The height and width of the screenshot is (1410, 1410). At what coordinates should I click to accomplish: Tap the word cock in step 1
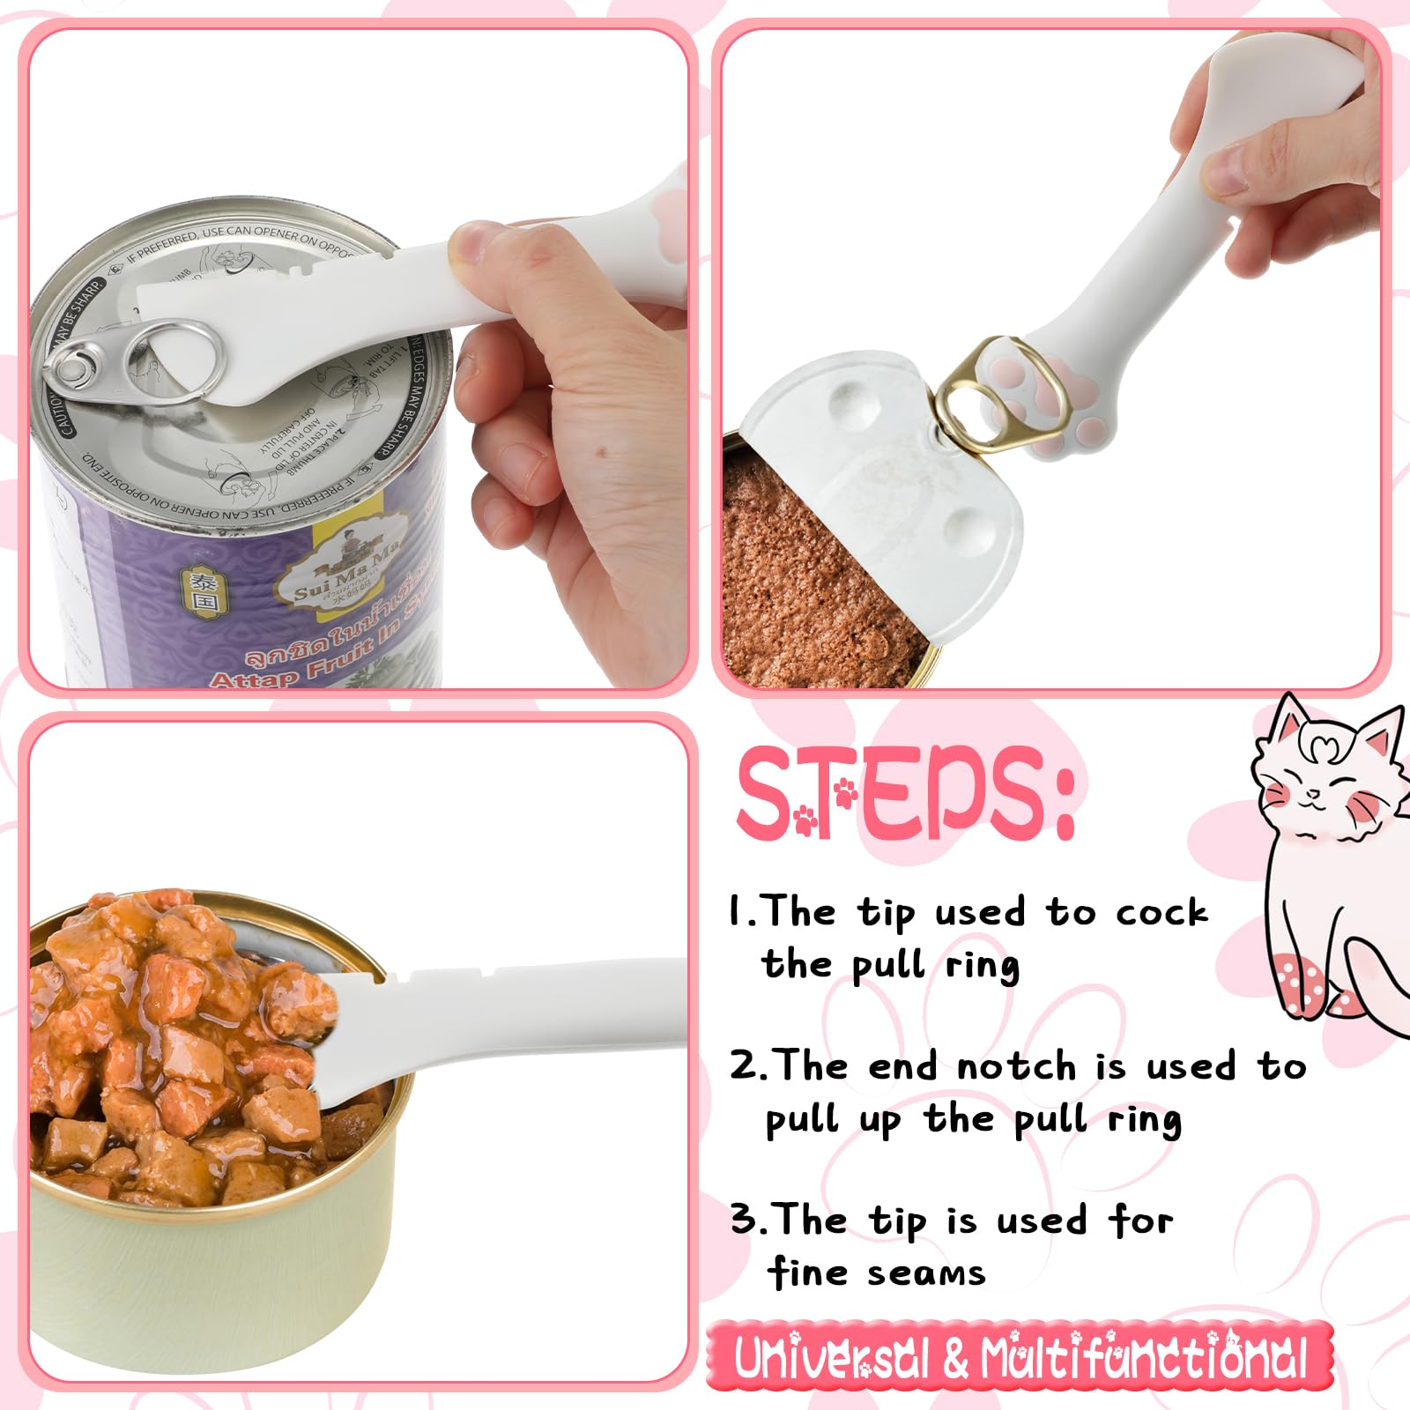pos(1161,913)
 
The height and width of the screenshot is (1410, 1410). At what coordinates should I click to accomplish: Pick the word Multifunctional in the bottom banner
pos(1142,1358)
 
